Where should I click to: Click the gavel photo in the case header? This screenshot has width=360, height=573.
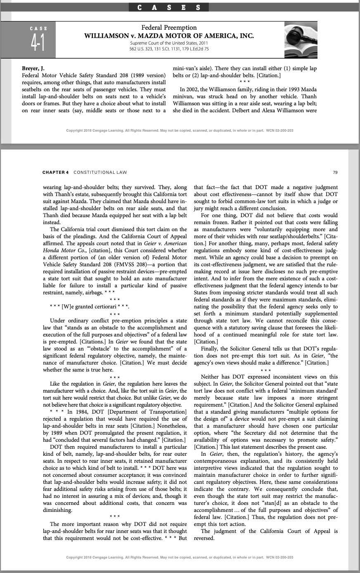pyautogui.click(x=300, y=40)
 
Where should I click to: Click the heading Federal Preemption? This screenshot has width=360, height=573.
pyautogui.click(x=169, y=28)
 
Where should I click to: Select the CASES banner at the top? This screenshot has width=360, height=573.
pyautogui.click(x=169, y=7)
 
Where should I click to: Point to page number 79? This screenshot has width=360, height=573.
pyautogui.click(x=335, y=172)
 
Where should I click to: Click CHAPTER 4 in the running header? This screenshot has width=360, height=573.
pyautogui.click(x=55, y=172)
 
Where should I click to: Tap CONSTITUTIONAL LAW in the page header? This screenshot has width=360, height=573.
pyautogui.click(x=100, y=172)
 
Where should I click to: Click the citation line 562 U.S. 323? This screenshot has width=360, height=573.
pyautogui.click(x=169, y=49)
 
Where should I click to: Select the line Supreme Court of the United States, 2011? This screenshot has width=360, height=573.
pyautogui.click(x=169, y=43)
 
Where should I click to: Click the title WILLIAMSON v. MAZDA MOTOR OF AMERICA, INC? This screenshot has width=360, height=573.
pyautogui.click(x=169, y=36)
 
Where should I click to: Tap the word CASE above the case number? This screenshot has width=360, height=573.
pyautogui.click(x=38, y=28)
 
